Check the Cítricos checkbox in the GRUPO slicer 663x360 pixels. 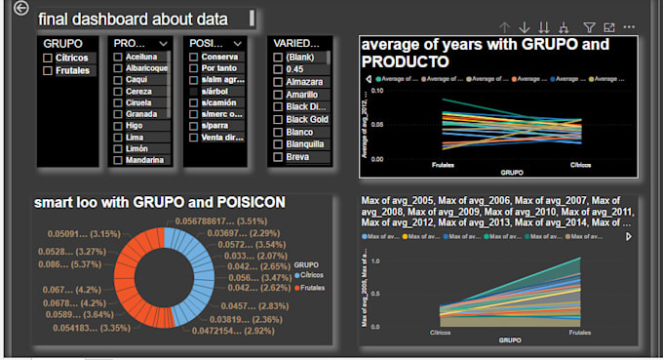click(49, 60)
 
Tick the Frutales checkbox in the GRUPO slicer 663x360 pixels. click(49, 72)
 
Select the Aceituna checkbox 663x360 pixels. click(118, 60)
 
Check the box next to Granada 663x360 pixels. click(118, 113)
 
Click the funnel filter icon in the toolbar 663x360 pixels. click(589, 28)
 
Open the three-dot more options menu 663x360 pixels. click(629, 28)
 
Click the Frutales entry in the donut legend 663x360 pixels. click(313, 290)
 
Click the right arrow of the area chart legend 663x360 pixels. click(628, 236)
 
